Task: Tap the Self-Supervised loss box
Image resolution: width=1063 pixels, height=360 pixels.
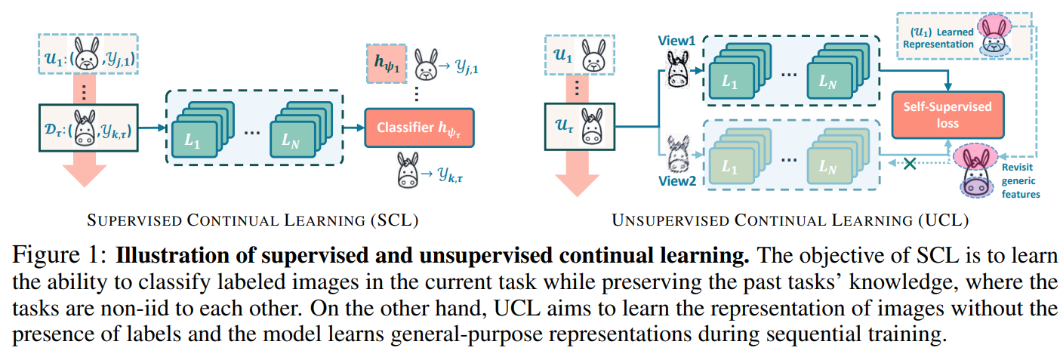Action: tap(948, 115)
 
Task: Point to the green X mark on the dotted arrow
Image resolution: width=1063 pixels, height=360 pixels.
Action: tap(910, 162)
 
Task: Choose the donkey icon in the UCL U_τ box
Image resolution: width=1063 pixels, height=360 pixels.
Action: tap(596, 125)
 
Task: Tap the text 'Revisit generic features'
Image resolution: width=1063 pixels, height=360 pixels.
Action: tap(1020, 180)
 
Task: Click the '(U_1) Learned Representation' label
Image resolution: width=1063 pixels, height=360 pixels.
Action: tap(936, 38)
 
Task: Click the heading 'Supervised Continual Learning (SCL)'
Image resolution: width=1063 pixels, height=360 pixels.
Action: tap(253, 221)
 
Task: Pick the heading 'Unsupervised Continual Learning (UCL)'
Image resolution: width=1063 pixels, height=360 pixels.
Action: tap(790, 221)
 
